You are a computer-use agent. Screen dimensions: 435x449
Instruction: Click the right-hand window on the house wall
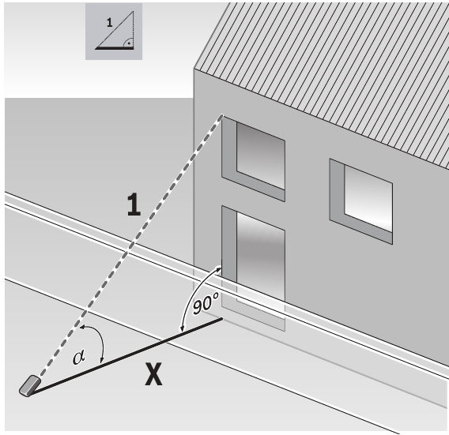coord(363,198)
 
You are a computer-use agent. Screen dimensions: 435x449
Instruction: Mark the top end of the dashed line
coord(222,116)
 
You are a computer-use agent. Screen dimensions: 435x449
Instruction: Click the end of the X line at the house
coord(223,319)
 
